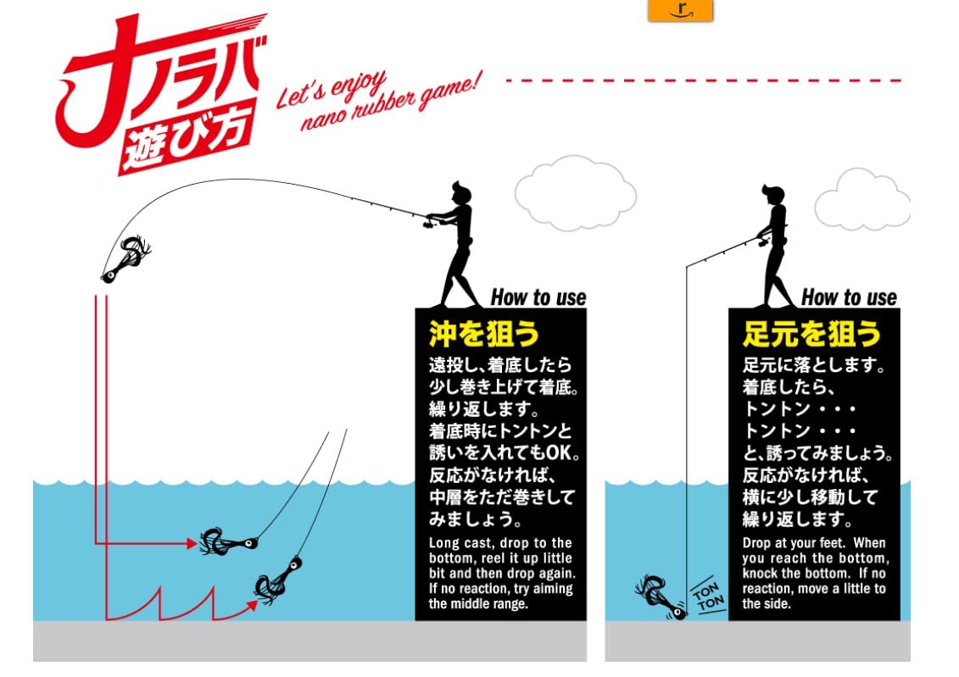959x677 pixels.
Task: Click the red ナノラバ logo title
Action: click(x=161, y=72)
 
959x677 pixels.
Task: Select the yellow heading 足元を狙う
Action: click(x=811, y=334)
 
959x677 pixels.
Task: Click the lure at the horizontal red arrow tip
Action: click(x=227, y=541)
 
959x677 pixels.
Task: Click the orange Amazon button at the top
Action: click(x=680, y=9)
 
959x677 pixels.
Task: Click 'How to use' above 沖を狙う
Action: click(x=538, y=297)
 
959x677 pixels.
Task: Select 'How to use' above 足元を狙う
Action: click(x=848, y=297)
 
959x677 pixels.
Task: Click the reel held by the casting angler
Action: click(x=428, y=224)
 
